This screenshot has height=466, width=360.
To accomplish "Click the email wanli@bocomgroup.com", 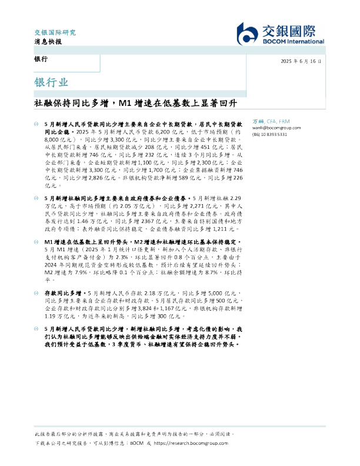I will coord(276,127).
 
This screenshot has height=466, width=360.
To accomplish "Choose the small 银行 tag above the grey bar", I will coord(41,60).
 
